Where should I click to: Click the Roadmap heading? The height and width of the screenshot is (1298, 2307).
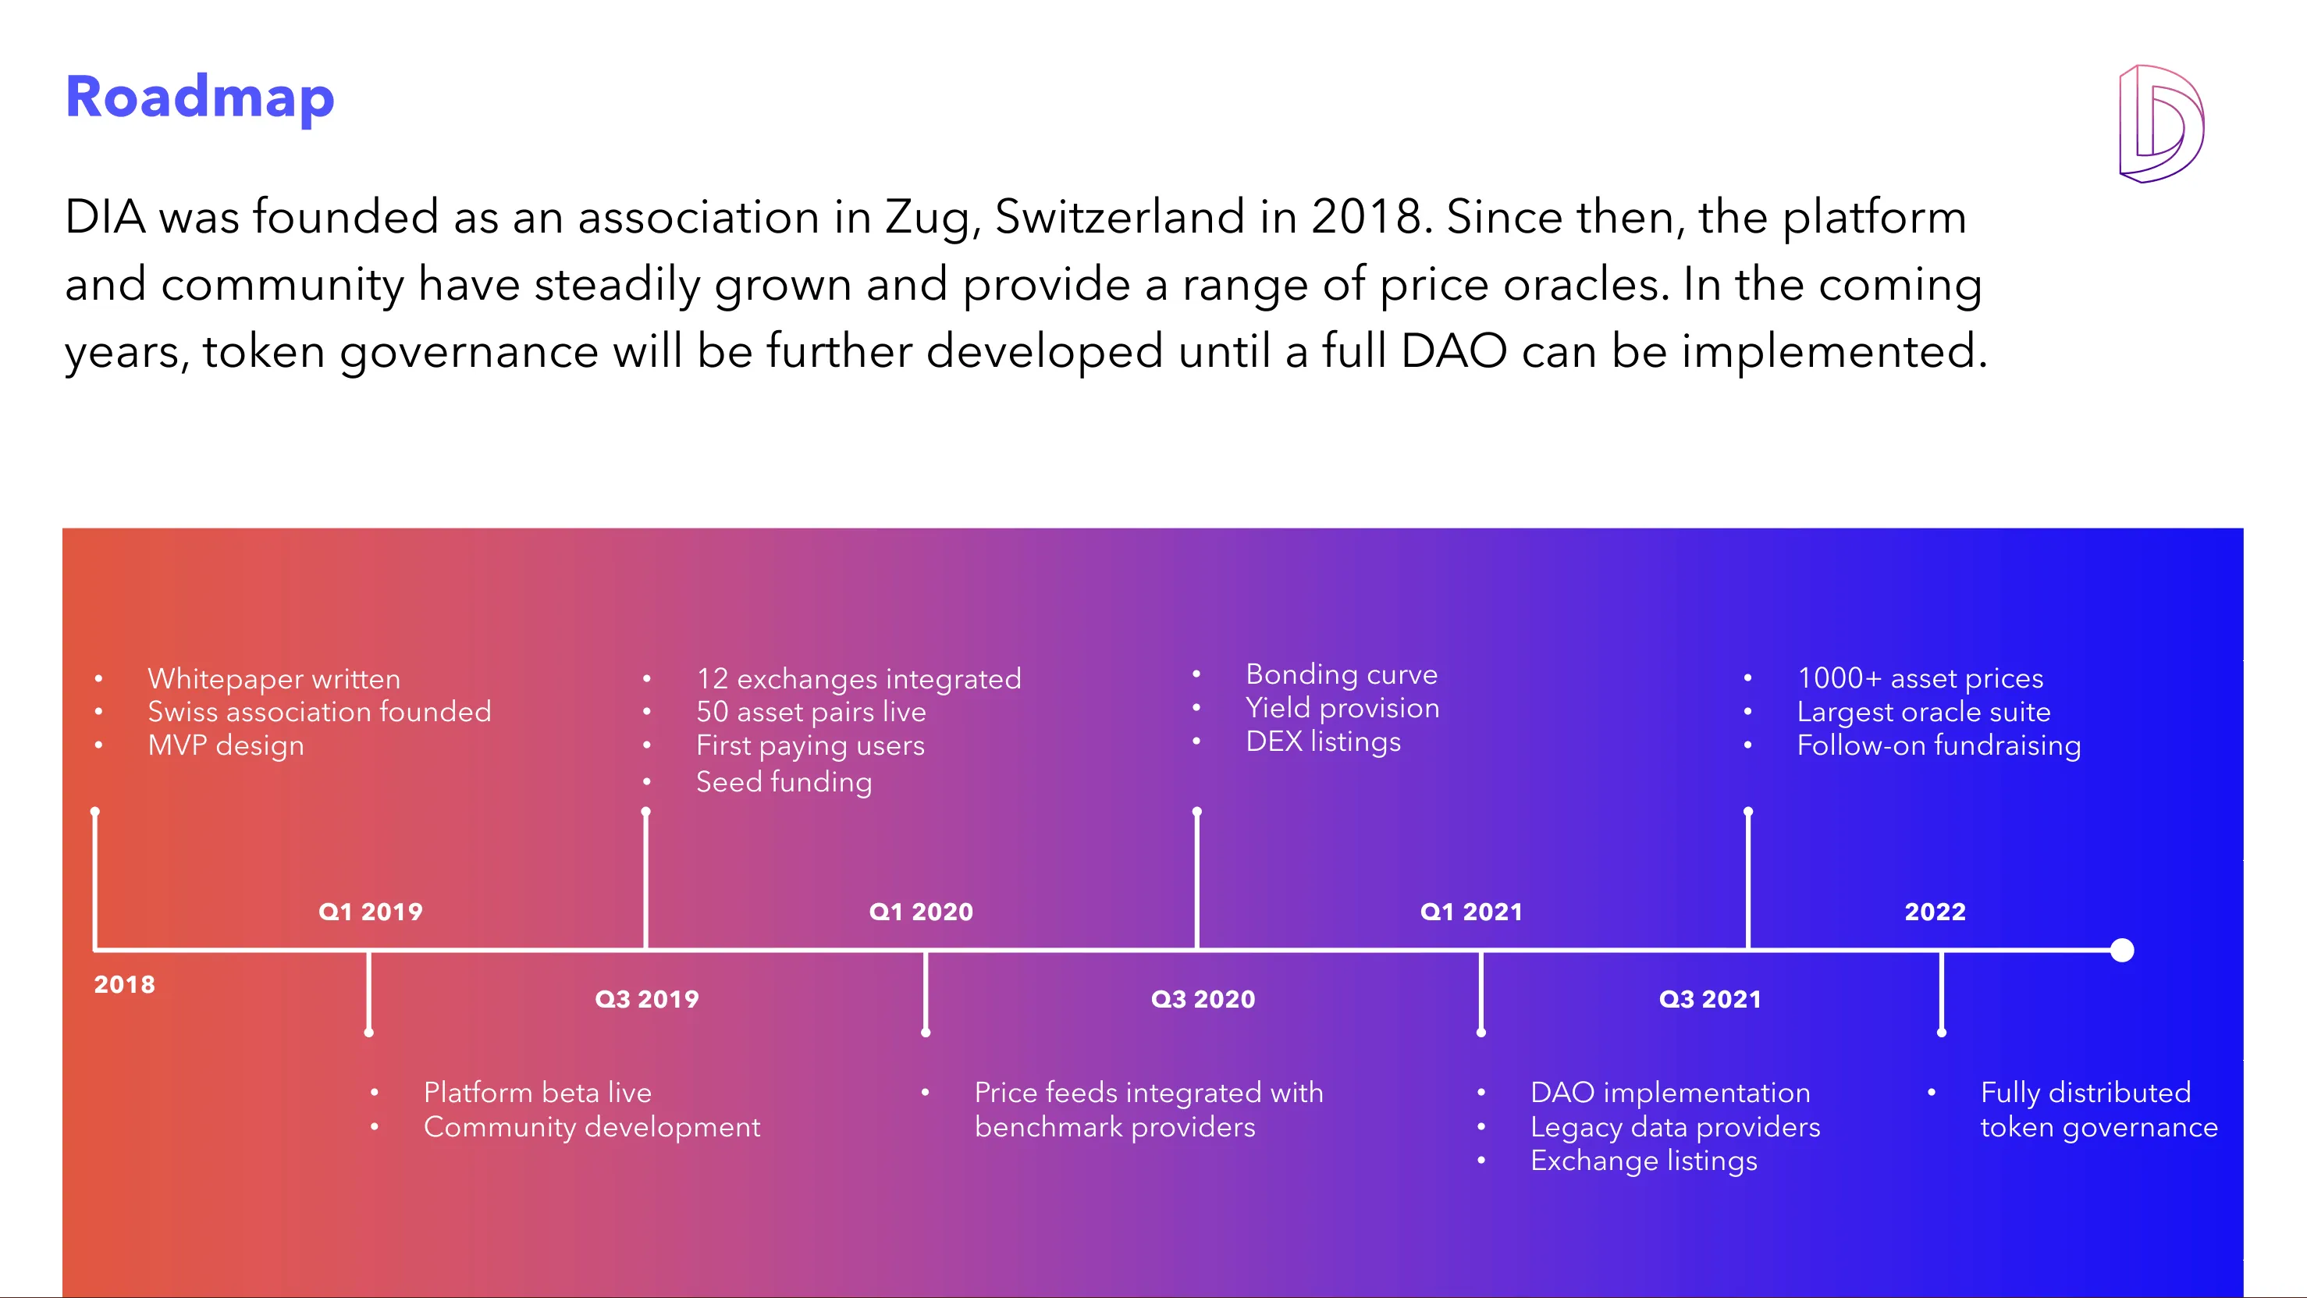(x=200, y=97)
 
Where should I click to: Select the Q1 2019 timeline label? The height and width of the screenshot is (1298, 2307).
(x=370, y=911)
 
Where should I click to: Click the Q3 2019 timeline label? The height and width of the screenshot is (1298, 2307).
(x=647, y=999)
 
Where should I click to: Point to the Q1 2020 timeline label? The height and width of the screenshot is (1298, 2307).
(x=921, y=911)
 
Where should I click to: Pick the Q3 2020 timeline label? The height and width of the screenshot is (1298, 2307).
(x=1203, y=999)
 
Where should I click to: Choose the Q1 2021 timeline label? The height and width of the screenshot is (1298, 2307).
(x=1471, y=911)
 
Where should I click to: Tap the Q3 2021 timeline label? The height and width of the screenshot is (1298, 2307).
(x=1710, y=999)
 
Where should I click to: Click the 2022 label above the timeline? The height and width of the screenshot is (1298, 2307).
(x=1935, y=911)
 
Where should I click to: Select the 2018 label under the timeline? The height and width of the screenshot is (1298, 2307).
(x=125, y=984)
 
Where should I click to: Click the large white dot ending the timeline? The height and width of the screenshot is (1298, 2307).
(x=2121, y=950)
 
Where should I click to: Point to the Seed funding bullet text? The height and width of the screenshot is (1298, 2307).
(x=784, y=782)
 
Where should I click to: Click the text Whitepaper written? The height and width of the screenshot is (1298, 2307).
(x=274, y=679)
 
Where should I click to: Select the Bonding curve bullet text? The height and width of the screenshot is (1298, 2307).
(x=1342, y=674)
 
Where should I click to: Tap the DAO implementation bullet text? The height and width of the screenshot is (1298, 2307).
(x=1670, y=1092)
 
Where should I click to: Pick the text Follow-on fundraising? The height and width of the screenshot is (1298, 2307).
(x=1939, y=745)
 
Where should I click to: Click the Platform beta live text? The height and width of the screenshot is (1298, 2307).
(x=538, y=1092)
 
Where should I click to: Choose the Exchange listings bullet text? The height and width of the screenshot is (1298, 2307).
(x=1644, y=1161)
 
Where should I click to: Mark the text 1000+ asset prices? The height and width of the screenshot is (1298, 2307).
(x=1920, y=678)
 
